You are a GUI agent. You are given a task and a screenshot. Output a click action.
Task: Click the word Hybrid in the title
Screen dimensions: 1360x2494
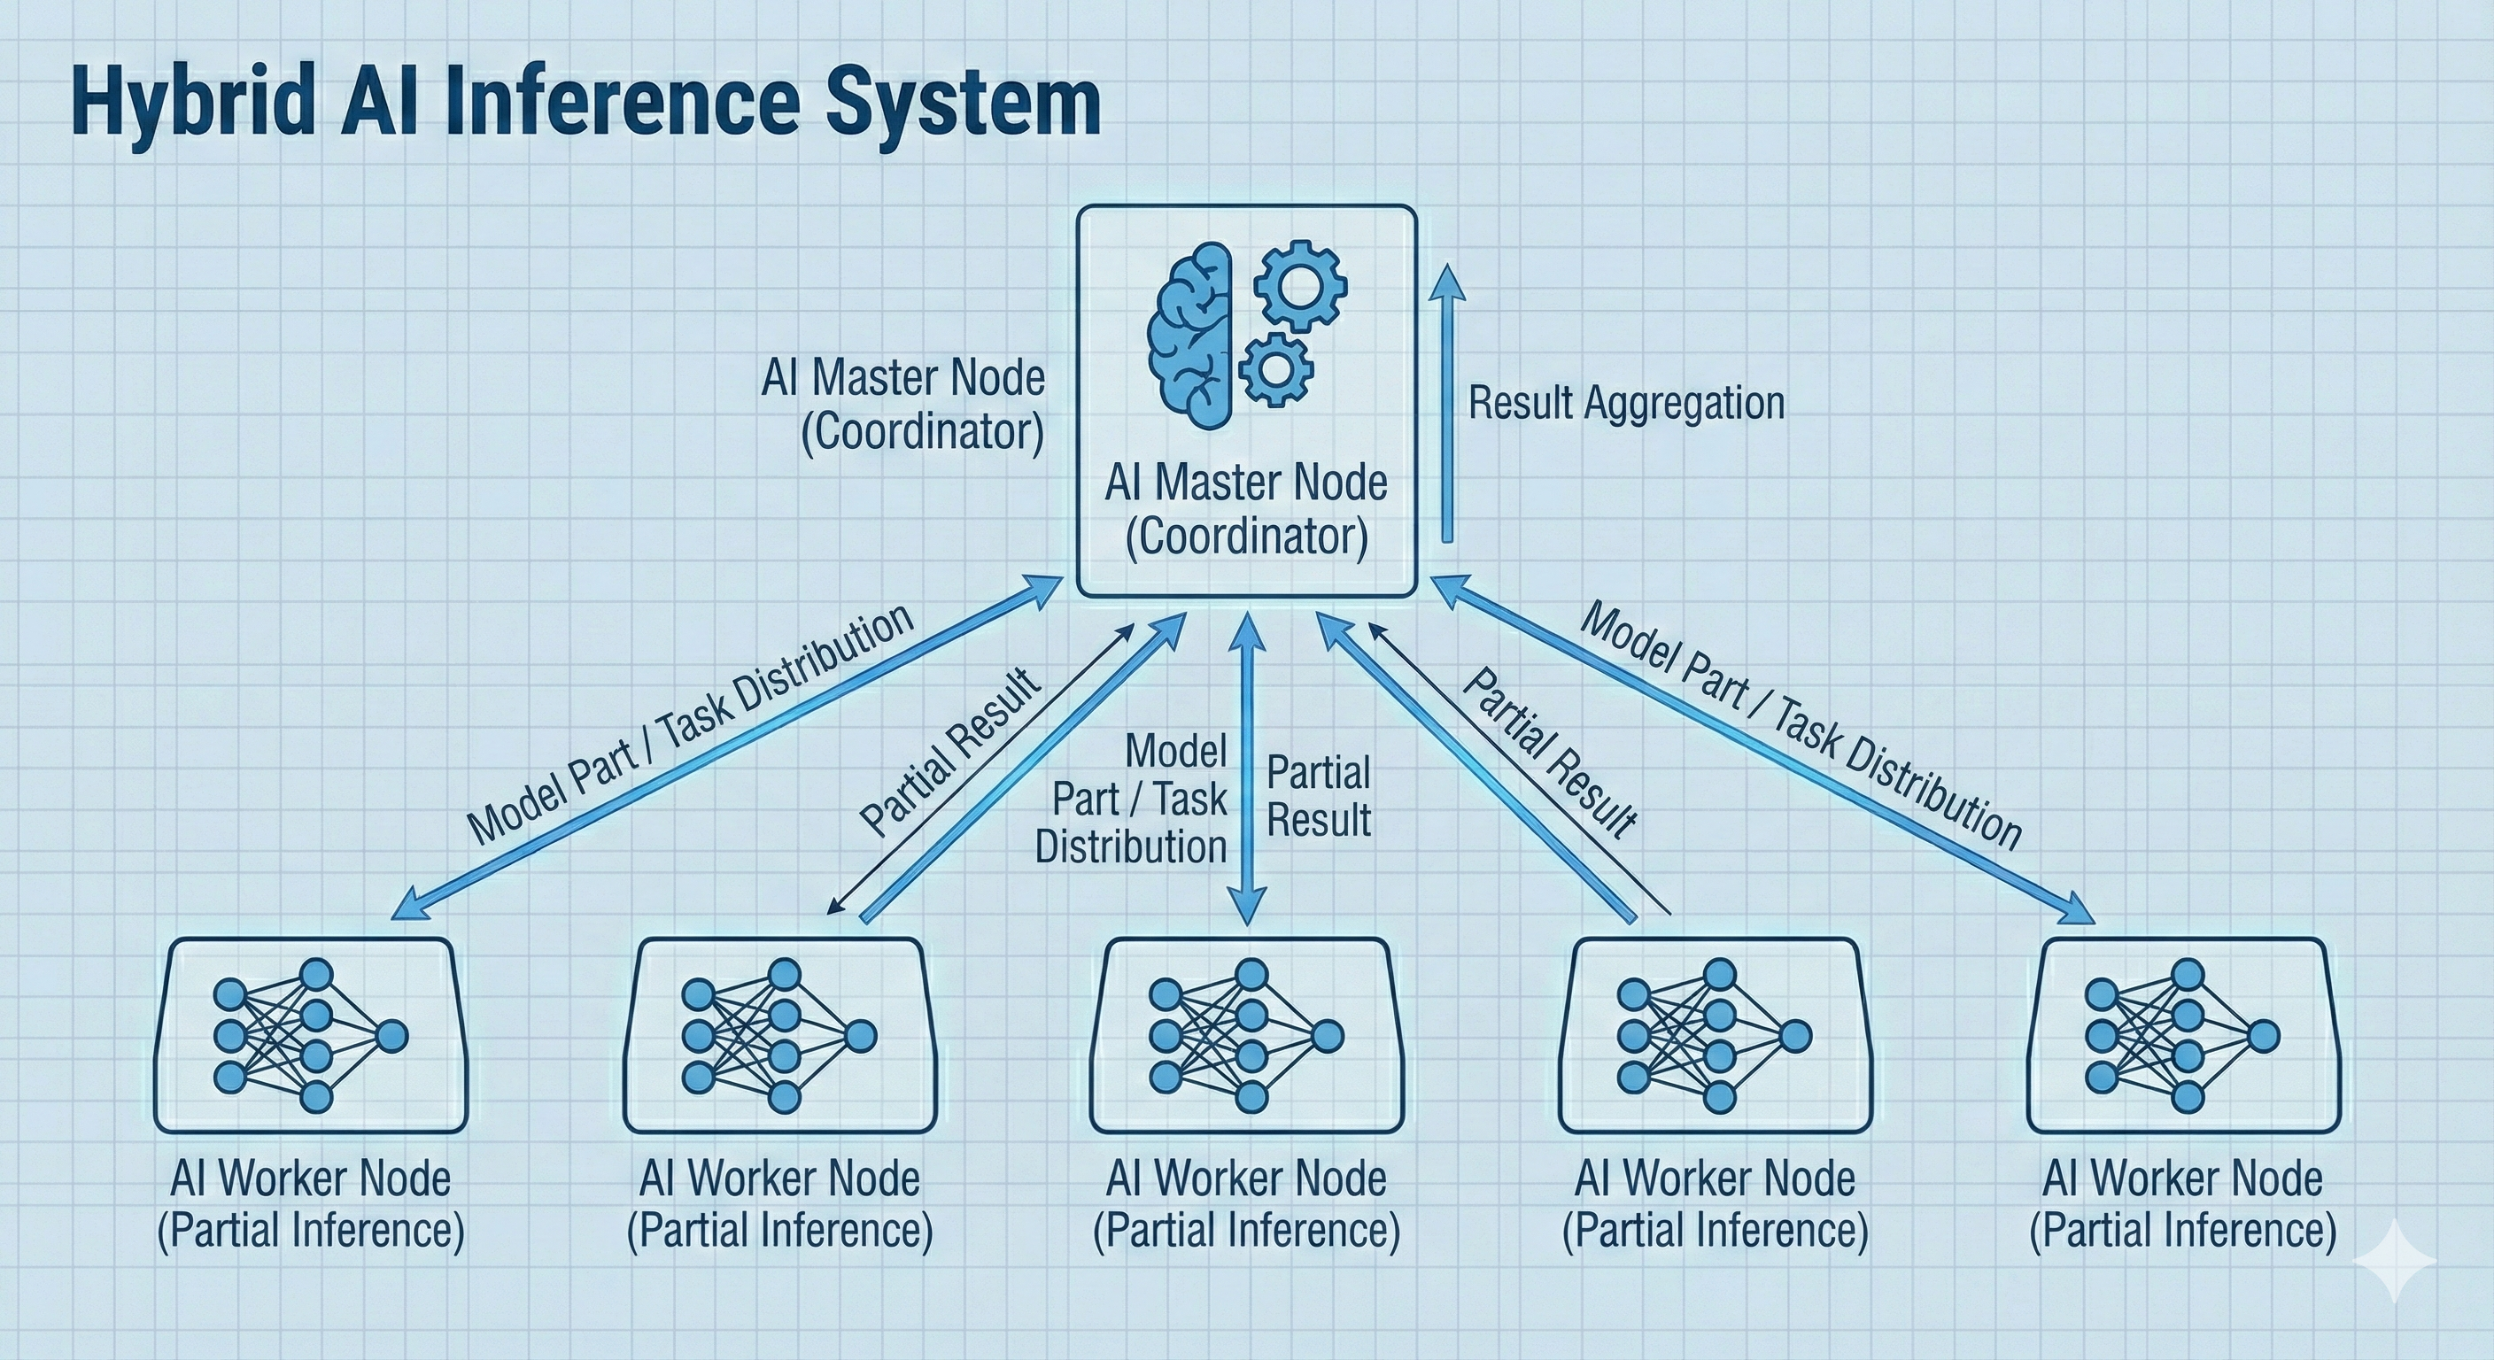[194, 104]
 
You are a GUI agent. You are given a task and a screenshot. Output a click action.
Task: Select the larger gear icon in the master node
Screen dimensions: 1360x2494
[1300, 287]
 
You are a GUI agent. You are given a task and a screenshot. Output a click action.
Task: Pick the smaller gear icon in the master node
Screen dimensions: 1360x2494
[1276, 369]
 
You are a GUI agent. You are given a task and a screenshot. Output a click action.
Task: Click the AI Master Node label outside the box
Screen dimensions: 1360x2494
[904, 405]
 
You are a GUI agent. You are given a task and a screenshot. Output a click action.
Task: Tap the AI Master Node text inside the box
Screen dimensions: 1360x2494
[1246, 509]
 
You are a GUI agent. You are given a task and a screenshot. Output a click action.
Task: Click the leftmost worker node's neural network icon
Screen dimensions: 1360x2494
[311, 1035]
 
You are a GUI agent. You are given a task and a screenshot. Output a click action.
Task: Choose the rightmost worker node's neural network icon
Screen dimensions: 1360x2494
[2182, 1035]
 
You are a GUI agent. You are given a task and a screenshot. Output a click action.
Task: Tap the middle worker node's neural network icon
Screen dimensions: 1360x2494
[1247, 1035]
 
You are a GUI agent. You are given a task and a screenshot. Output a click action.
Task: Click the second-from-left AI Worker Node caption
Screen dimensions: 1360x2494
[779, 1205]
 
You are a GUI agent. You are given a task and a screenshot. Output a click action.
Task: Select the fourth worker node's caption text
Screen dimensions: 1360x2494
[1715, 1205]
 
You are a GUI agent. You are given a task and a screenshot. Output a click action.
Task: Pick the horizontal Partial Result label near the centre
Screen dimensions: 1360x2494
[1319, 797]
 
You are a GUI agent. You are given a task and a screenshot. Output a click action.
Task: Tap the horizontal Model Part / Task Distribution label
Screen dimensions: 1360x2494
[1133, 799]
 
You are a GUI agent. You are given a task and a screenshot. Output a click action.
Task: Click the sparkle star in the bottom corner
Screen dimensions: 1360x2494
[2393, 1260]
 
